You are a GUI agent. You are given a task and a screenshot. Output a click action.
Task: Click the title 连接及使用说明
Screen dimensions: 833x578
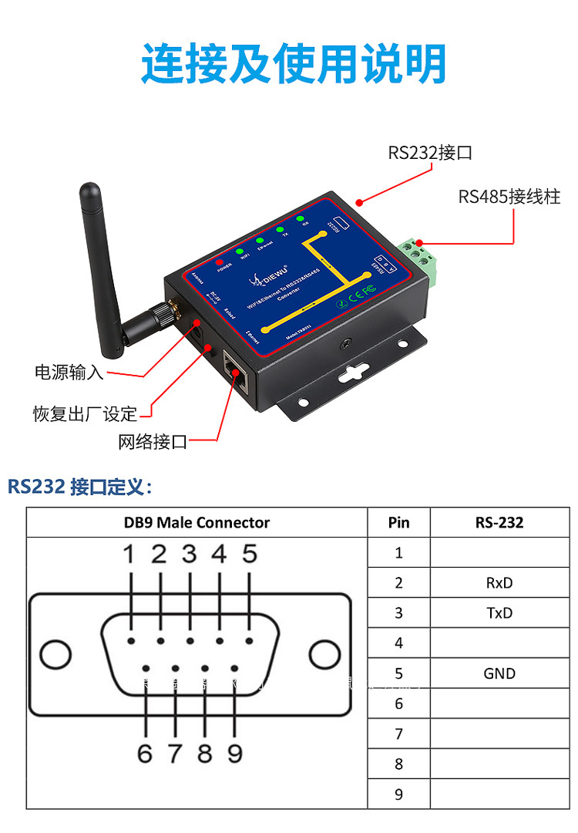click(x=294, y=63)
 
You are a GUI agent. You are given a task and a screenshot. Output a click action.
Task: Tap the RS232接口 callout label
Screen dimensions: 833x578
click(x=430, y=153)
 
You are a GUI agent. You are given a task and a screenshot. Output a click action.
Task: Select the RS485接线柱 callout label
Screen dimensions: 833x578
click(x=509, y=196)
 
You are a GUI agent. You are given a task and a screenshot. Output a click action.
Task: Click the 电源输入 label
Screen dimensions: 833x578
click(x=69, y=373)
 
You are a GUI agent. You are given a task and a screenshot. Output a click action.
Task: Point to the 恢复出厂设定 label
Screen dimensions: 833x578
click(x=85, y=413)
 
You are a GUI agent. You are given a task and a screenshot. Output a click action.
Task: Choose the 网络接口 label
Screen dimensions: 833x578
click(x=153, y=442)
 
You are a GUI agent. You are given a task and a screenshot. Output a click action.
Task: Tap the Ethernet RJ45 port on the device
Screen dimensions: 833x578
click(x=236, y=370)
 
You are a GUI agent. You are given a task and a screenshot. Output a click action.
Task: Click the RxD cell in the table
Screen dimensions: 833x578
click(x=499, y=583)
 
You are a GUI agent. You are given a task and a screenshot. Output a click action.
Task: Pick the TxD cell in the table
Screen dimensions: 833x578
click(x=499, y=613)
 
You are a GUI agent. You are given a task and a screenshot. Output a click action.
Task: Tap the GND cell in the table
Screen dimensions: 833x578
click(x=499, y=673)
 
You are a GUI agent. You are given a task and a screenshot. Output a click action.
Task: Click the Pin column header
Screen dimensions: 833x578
click(x=398, y=522)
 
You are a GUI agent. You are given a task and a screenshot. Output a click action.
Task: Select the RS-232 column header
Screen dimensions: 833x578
click(x=499, y=522)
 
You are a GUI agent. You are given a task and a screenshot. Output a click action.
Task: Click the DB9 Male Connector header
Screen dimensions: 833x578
click(x=197, y=522)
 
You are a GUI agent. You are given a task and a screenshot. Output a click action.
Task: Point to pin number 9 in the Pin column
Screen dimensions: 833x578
click(x=398, y=794)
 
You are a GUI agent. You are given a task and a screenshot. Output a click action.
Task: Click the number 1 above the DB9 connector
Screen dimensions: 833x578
click(x=129, y=554)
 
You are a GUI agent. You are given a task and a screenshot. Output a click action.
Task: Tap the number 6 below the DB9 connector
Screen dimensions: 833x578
click(x=145, y=753)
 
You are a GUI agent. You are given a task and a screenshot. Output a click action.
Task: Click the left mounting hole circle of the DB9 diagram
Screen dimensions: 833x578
click(x=55, y=656)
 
